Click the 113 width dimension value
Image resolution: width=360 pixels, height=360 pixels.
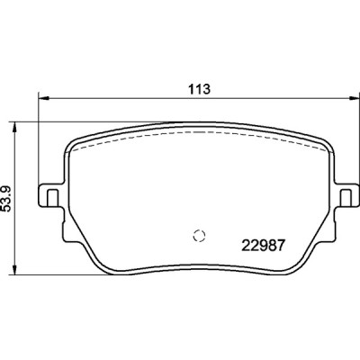(x=199, y=89)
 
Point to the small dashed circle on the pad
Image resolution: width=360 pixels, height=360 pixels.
(x=200, y=237)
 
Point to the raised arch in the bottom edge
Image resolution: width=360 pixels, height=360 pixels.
(x=199, y=265)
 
